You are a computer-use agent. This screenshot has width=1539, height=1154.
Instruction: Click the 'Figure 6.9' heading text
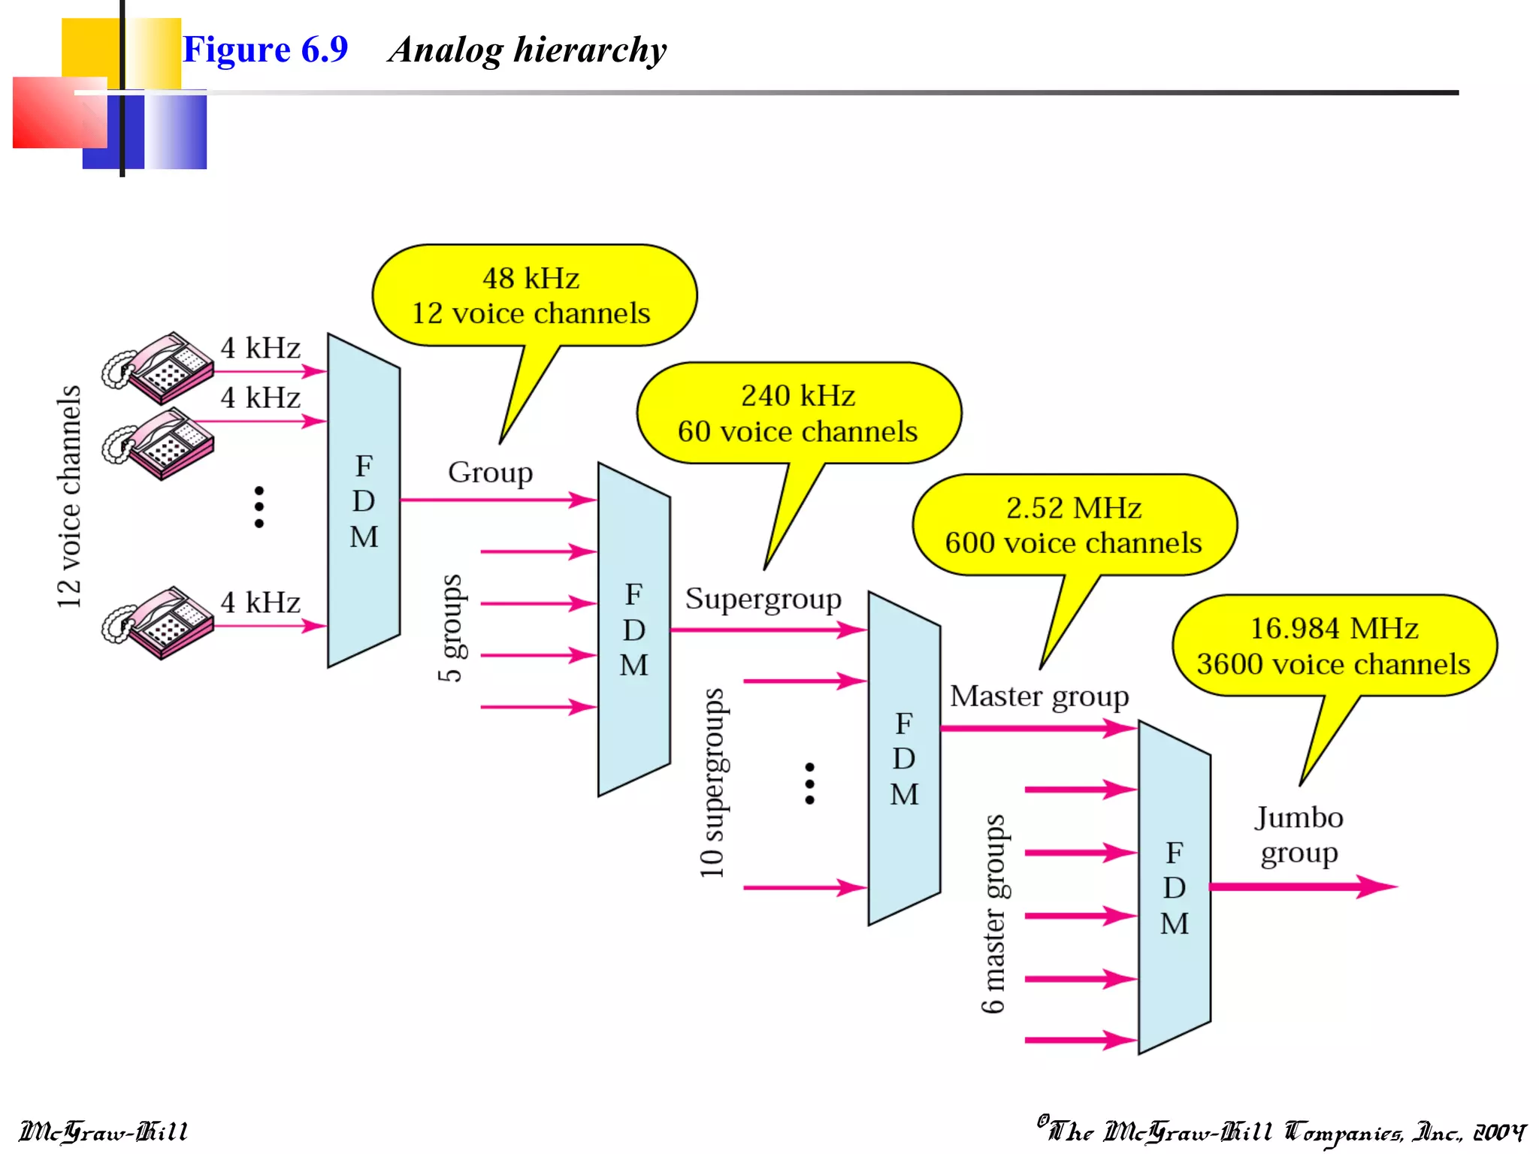265,50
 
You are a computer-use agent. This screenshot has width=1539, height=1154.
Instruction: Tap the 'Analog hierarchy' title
527,50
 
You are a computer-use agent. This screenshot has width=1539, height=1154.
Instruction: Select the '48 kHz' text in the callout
531,279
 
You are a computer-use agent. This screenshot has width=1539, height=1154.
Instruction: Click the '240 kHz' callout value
798,396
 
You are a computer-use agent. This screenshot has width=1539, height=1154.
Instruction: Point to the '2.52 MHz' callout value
1073,509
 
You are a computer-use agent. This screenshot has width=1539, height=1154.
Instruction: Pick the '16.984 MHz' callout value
1334,629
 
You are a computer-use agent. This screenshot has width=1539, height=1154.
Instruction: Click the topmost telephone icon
159,367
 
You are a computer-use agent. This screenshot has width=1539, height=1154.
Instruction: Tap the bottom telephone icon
159,622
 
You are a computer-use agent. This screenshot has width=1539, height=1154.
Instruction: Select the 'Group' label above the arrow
490,473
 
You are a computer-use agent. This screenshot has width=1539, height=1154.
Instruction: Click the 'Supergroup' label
763,600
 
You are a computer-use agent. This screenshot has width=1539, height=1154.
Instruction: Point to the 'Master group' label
1039,696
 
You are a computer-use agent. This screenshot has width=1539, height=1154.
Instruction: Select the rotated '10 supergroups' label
712,783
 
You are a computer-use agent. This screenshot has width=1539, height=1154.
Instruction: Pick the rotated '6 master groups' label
994,914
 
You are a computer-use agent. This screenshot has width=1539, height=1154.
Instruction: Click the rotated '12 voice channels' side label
69,497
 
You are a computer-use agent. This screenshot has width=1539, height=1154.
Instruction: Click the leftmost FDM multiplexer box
364,500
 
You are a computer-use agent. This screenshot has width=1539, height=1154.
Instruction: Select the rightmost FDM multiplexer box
1175,887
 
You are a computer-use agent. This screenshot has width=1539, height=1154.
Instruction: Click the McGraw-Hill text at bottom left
103,1131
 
